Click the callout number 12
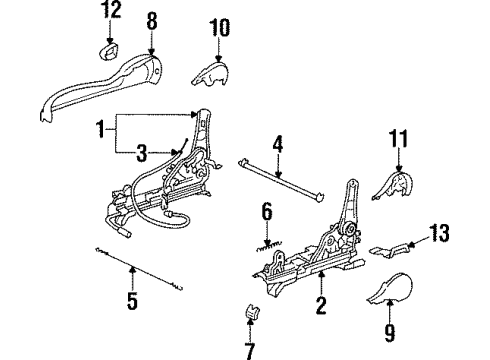[x=112, y=10]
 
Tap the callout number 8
[x=152, y=21]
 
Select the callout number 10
[x=219, y=27]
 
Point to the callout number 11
[x=398, y=138]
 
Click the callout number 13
[x=439, y=233]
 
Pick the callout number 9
[x=389, y=333]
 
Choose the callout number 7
[x=250, y=351]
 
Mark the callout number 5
[x=132, y=301]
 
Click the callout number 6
[x=267, y=212]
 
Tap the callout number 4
[x=278, y=144]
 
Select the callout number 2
[x=321, y=305]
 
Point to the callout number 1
[x=100, y=129]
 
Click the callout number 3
[x=142, y=153]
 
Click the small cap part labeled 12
[x=108, y=52]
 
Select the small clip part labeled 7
[x=253, y=312]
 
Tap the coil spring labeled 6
[x=269, y=246]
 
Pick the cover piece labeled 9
[x=390, y=289]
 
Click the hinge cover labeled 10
[x=210, y=74]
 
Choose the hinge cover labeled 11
[x=393, y=185]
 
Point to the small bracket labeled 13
[x=389, y=250]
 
